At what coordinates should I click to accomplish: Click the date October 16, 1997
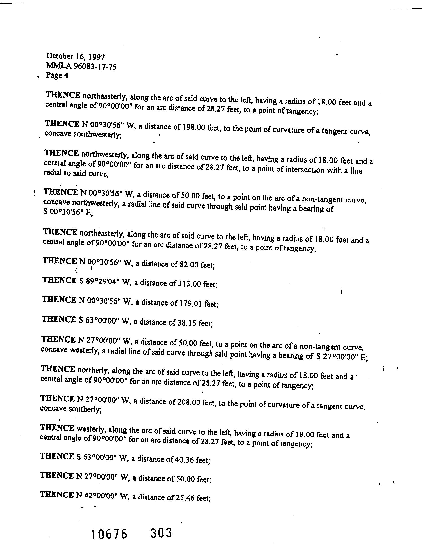tap(75, 57)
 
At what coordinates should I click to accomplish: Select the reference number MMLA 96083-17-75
tap(81, 66)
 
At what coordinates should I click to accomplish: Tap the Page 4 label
tap(57, 75)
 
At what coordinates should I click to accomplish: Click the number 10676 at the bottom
tap(109, 534)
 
